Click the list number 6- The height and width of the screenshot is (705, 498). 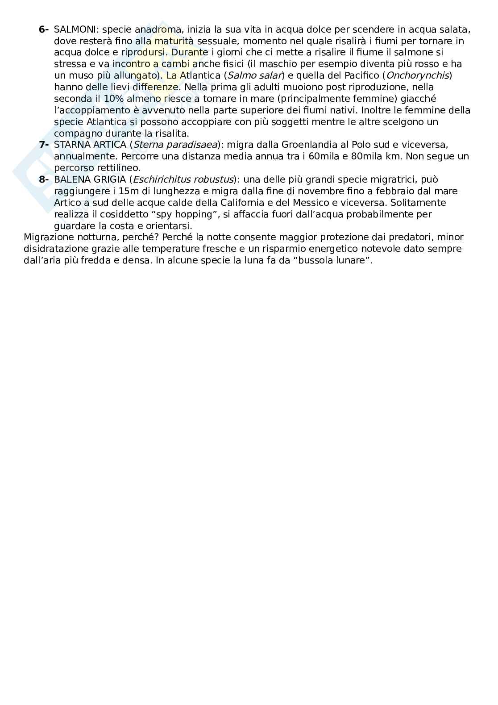pos(44,29)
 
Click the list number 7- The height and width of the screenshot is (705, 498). pos(44,145)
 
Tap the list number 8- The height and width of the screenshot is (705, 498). pos(44,179)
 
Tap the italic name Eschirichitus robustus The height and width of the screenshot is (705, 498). pos(183,179)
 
